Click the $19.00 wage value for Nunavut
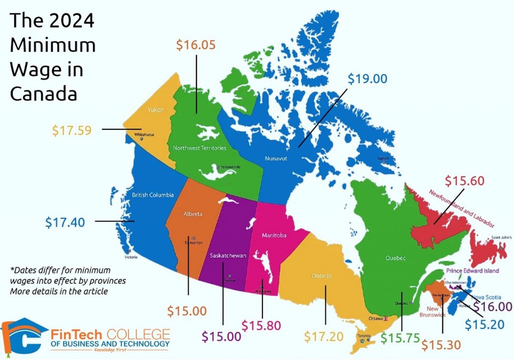click(x=368, y=79)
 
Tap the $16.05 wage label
click(x=196, y=45)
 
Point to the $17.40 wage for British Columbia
click(x=65, y=221)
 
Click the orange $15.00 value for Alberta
click(x=187, y=311)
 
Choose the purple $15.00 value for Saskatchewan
click(x=221, y=336)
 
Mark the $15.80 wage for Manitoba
click(x=261, y=325)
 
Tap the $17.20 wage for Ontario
click(x=324, y=336)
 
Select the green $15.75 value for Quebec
click(x=400, y=338)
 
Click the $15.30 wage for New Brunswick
click(x=441, y=345)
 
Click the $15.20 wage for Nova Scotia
click(x=484, y=324)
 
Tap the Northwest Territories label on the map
click(x=199, y=148)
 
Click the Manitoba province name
click(x=274, y=234)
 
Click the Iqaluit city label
click(x=383, y=158)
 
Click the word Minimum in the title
click(x=53, y=45)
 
